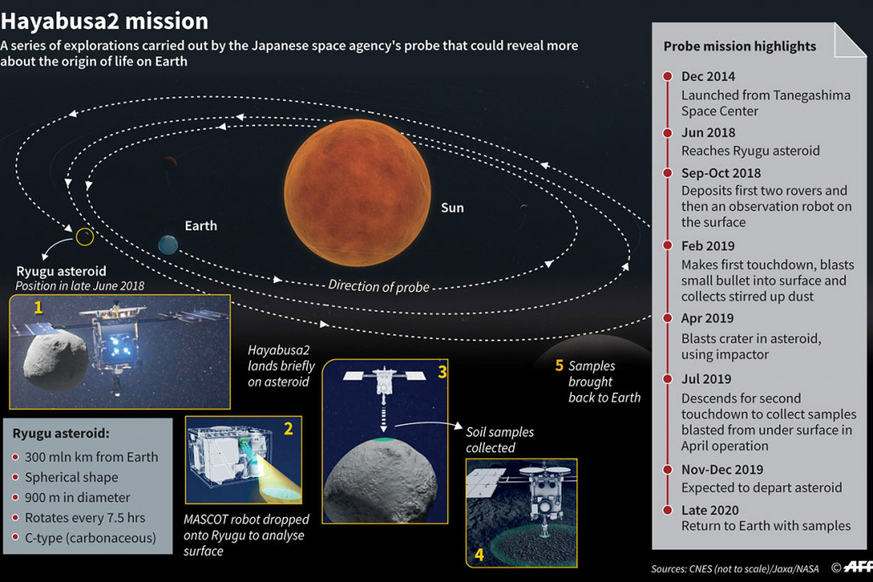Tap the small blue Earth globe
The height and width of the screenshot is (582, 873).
168,244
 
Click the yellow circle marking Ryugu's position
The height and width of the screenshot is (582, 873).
84,237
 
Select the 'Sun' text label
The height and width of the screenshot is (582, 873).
452,208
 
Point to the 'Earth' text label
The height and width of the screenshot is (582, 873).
201,226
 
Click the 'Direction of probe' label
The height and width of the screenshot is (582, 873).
379,286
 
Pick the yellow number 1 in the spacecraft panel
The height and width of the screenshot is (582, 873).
38,307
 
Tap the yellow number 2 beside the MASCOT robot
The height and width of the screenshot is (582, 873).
288,428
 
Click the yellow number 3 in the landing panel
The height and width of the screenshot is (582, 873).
442,372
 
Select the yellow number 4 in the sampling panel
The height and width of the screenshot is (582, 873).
479,555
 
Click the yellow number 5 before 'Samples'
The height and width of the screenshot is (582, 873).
559,366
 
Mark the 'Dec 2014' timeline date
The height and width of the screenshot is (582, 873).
708,76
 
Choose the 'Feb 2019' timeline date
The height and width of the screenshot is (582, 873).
708,246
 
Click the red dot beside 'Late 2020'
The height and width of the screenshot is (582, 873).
668,509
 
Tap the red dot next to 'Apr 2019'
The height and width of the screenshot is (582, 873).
668,317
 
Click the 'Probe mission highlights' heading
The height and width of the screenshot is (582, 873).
740,46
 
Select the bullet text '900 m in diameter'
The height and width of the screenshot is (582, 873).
78,498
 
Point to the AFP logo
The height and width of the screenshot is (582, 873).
858,567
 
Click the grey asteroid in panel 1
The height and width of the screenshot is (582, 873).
55,359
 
